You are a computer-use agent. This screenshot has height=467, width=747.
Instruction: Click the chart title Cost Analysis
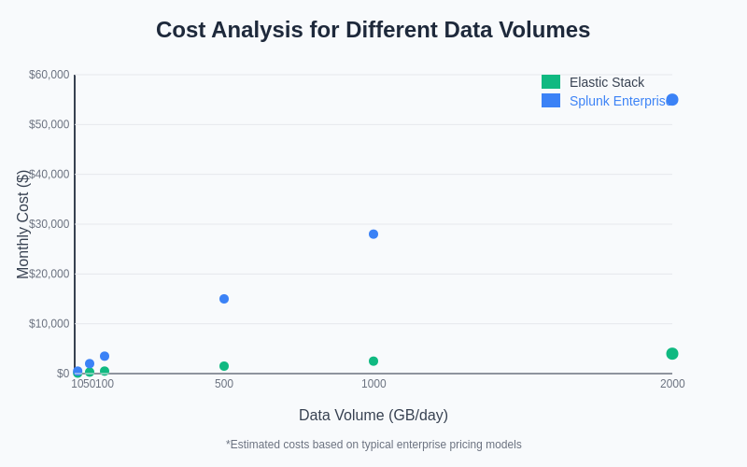(373, 30)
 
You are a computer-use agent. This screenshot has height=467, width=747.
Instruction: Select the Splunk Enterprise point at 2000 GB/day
(672, 100)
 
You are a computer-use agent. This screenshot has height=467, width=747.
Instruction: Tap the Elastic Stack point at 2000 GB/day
(672, 353)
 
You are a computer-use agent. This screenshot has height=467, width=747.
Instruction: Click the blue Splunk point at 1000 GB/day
(373, 234)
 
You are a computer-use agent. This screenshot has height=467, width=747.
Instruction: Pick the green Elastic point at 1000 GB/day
(373, 361)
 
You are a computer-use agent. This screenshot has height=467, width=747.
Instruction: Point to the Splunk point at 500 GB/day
(224, 299)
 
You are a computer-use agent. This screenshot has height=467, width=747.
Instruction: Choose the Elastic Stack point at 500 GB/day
(224, 366)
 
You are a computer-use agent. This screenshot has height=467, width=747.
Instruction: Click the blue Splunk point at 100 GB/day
(105, 356)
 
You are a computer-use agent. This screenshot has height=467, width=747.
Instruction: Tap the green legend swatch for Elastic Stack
(551, 82)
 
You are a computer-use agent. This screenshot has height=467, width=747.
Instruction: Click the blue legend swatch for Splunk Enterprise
(551, 101)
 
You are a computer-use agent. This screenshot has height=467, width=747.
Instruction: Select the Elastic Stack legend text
(607, 82)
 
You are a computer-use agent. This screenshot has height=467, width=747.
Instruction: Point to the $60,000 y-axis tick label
(49, 75)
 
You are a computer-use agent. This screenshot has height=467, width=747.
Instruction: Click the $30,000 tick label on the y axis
(49, 224)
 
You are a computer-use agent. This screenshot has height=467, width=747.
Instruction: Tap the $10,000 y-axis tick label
(49, 324)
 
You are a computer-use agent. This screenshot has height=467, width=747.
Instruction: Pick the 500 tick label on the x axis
(224, 384)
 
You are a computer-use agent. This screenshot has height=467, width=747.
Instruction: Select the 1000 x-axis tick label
(373, 384)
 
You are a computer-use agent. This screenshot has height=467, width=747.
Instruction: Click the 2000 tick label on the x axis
(672, 384)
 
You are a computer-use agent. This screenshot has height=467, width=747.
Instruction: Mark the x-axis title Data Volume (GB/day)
(373, 416)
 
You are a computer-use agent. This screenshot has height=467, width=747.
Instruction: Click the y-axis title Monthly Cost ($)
(23, 224)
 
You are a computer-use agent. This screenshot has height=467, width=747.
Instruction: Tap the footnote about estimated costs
(373, 445)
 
